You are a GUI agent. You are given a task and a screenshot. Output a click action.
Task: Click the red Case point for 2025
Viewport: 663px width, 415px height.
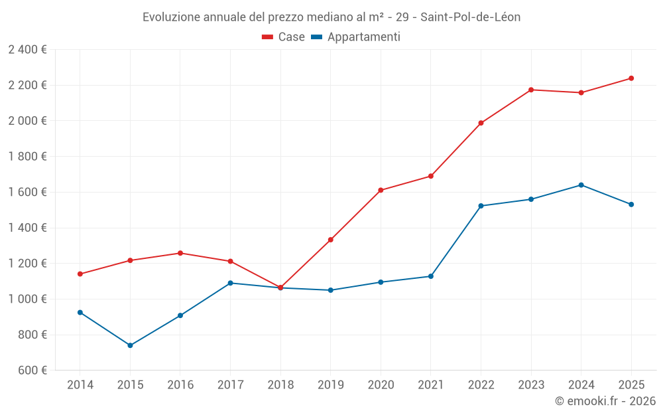tap(631, 78)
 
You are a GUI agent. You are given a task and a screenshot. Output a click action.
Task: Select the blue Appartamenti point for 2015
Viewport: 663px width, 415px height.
tap(130, 345)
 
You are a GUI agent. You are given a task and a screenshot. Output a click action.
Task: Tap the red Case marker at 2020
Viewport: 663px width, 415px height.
tap(381, 190)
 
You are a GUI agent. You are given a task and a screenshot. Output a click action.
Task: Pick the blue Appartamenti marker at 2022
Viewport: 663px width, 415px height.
tap(481, 206)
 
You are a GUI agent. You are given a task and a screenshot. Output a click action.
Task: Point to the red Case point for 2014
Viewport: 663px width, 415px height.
tap(80, 274)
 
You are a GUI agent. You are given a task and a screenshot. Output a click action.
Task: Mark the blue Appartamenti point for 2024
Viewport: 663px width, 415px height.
tap(581, 185)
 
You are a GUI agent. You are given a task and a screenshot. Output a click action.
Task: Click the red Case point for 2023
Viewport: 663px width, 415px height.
tap(531, 90)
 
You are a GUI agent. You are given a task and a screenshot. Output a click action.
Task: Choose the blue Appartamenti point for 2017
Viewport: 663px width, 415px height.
tap(230, 283)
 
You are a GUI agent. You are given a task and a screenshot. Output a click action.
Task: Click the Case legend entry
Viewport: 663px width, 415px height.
tap(284, 37)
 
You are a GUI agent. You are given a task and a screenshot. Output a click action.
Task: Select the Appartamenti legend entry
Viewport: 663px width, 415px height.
tap(356, 37)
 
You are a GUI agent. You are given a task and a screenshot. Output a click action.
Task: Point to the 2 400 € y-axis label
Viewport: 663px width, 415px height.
tap(27, 49)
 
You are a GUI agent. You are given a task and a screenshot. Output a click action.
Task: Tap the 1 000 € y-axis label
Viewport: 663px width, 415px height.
tap(27, 299)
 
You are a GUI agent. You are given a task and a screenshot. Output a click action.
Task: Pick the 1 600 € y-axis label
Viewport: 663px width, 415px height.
tap(27, 192)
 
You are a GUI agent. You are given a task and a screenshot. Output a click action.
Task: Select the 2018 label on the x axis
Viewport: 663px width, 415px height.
tap(280, 384)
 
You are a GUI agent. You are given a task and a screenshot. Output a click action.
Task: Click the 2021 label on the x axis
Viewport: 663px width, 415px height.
tap(431, 384)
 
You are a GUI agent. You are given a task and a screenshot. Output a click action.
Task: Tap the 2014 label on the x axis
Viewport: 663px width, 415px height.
tap(80, 384)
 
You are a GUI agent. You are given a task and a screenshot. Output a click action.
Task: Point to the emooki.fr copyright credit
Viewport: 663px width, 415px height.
tap(605, 400)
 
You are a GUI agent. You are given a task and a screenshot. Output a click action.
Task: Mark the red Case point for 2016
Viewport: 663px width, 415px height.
tap(180, 253)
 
